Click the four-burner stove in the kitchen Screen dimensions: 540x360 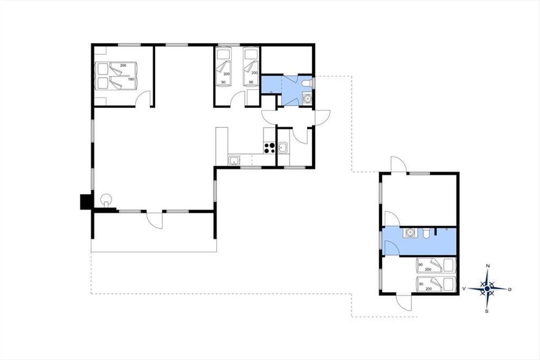[x=269, y=148]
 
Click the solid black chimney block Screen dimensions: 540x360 [x=85, y=202]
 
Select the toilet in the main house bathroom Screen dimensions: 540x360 [x=306, y=83]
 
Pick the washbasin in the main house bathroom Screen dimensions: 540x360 [x=307, y=99]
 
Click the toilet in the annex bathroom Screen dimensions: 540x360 [x=426, y=233]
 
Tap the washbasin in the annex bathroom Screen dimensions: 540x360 [x=410, y=233]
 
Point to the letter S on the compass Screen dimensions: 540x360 [x=487, y=311]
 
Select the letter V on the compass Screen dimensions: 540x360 [x=463, y=288]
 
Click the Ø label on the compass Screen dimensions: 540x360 [x=509, y=289]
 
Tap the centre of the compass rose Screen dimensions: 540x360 [x=487, y=288]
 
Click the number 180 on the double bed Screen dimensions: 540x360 [x=131, y=79]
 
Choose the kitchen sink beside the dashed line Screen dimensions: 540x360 [x=234, y=160]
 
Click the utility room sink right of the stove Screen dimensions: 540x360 [x=282, y=148]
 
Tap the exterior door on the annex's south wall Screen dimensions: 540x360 [x=404, y=302]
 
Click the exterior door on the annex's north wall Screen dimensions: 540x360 [x=399, y=164]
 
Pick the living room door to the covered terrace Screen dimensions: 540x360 [x=154, y=220]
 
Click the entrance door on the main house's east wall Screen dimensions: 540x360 [x=322, y=117]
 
